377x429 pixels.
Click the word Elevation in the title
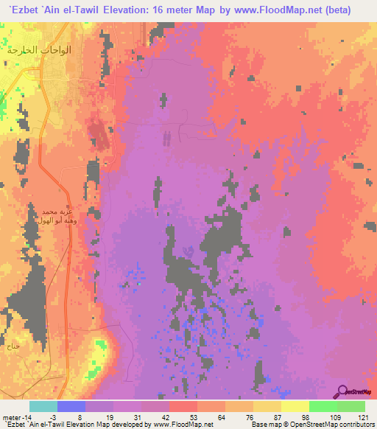point(129,10)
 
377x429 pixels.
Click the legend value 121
point(360,418)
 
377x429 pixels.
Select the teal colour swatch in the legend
point(43,406)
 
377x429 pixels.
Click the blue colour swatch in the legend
point(71,406)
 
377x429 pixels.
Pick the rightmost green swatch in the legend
point(350,406)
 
